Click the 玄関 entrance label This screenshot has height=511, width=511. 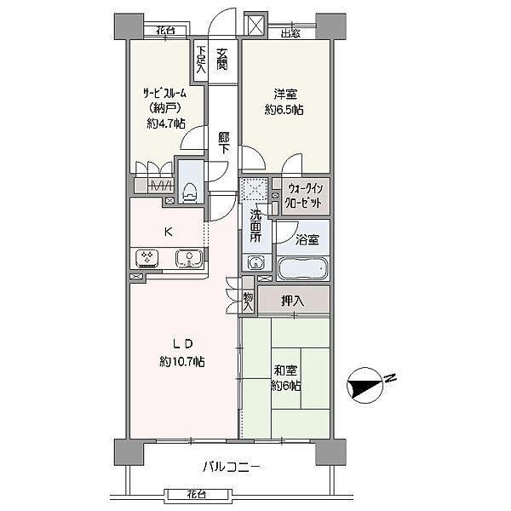222,60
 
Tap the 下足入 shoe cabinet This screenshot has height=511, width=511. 200,60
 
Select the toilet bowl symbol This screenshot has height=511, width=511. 190,194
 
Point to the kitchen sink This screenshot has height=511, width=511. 189,258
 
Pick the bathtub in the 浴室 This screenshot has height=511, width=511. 302,269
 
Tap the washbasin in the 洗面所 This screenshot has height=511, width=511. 257,262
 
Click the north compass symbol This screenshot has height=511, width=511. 365,385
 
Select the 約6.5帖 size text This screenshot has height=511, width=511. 284,110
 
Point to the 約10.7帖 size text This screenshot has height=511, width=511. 182,361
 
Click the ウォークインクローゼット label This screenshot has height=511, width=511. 304,196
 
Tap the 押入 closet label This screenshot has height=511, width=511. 293,301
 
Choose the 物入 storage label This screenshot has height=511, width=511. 249,301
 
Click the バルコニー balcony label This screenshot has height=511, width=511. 232,468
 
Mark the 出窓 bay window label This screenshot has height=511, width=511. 290,33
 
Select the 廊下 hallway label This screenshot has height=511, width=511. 223,143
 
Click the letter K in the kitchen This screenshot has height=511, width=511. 168,232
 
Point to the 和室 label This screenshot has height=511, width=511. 285,370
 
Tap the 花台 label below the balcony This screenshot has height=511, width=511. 197,495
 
